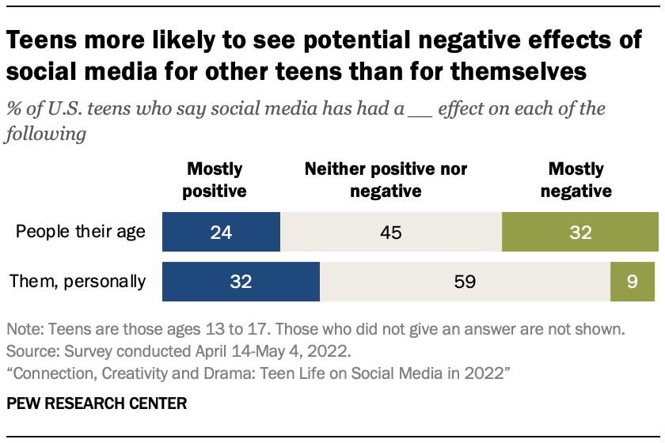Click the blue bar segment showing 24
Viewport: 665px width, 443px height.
coord(221,233)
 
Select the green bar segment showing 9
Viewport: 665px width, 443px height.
coord(633,282)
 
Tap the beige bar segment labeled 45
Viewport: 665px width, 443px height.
coord(391,233)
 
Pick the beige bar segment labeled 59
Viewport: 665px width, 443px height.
coord(465,282)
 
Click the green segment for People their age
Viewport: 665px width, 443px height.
coord(579,233)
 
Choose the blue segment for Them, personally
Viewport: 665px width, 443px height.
coord(241,282)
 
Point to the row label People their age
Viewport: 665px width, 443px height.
coord(81,233)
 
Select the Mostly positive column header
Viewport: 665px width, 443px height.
coord(215,180)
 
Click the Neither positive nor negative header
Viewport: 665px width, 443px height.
coord(386,180)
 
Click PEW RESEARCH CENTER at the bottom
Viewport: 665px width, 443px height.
coord(97,403)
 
